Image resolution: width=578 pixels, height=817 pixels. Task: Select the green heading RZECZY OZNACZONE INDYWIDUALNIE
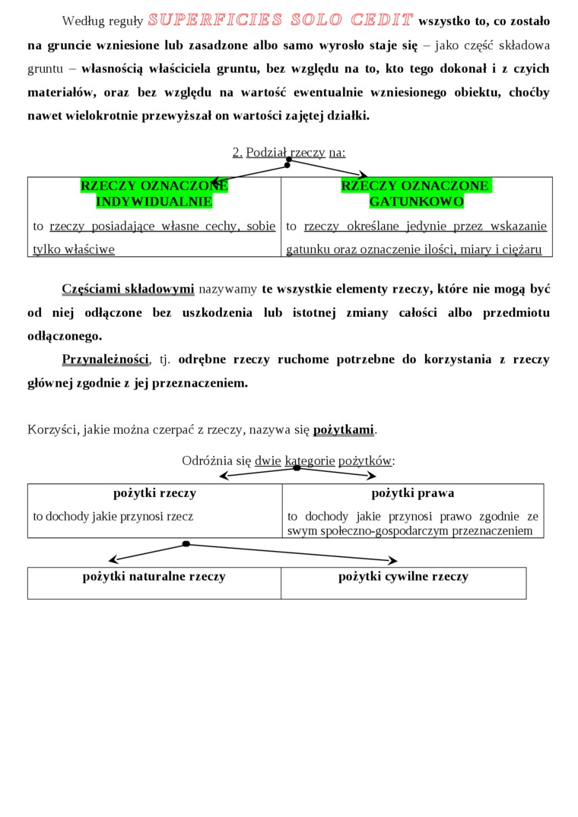(x=154, y=194)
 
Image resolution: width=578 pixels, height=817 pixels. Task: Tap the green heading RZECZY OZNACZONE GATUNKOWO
(x=416, y=194)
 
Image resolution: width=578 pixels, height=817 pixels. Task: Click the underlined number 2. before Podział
(x=237, y=152)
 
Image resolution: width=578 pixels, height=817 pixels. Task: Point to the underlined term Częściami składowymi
(x=128, y=289)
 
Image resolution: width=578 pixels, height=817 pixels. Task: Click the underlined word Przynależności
(x=105, y=359)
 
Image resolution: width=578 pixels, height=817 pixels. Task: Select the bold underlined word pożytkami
(x=344, y=429)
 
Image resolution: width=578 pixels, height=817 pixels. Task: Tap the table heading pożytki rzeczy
(x=154, y=493)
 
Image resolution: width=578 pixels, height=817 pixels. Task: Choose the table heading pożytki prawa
(x=413, y=493)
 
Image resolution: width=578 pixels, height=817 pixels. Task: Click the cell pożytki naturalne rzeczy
(x=154, y=576)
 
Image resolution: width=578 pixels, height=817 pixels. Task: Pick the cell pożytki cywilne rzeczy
(x=403, y=576)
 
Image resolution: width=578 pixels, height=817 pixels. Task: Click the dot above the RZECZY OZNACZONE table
(x=288, y=161)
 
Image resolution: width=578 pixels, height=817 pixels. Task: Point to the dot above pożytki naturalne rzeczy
(x=186, y=544)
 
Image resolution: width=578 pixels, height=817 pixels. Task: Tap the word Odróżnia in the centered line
(x=206, y=461)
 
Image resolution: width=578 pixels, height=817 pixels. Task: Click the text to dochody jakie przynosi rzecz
(x=113, y=516)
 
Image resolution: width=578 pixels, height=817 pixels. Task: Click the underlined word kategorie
(x=310, y=461)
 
